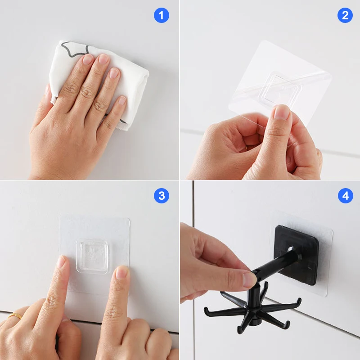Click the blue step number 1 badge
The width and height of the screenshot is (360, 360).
(x=161, y=16)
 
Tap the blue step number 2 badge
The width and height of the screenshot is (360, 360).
(x=345, y=16)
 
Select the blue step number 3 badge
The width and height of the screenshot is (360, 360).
(x=161, y=196)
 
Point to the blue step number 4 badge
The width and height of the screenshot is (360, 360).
(x=345, y=196)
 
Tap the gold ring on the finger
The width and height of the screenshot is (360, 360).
(x=15, y=315)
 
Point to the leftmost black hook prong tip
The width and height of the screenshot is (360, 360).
(x=206, y=310)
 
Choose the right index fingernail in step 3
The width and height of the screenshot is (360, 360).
(x=121, y=272)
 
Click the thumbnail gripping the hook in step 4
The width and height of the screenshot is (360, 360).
(x=249, y=279)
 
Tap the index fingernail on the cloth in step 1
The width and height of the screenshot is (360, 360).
(x=88, y=59)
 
